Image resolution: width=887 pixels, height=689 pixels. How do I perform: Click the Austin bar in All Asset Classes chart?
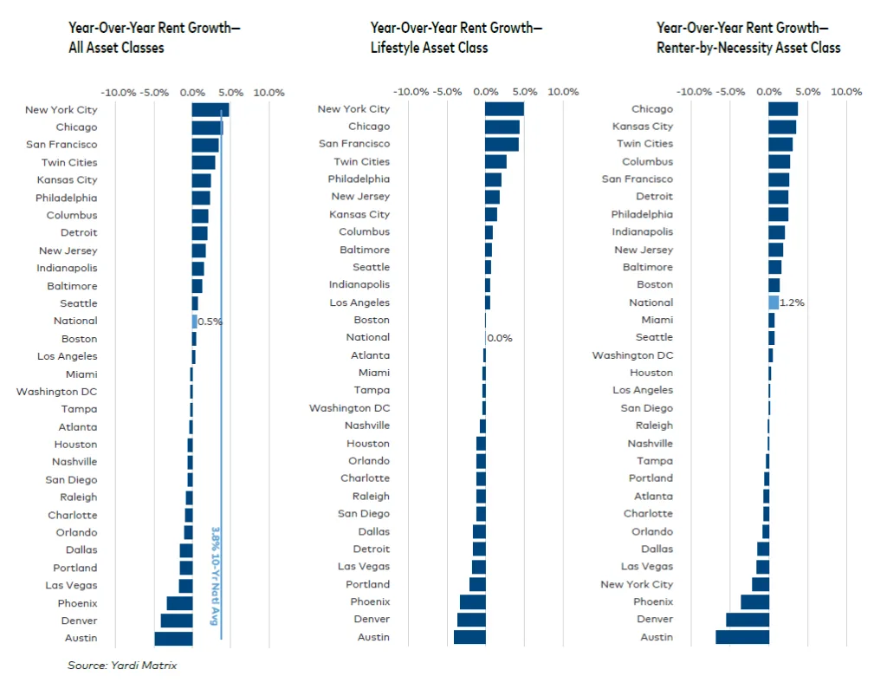tap(173, 639)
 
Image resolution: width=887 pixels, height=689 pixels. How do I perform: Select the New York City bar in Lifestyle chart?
tap(504, 109)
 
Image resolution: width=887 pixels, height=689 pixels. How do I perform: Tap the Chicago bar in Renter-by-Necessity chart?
tap(783, 109)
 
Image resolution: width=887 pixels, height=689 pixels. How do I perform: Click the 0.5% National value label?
tap(210, 322)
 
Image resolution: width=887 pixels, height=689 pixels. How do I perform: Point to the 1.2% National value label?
tap(792, 303)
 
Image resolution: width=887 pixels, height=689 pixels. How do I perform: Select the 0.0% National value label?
tap(500, 338)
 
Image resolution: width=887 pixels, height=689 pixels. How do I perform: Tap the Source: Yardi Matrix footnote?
tap(122, 666)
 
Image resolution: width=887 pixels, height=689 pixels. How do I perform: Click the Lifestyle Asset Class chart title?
tap(456, 37)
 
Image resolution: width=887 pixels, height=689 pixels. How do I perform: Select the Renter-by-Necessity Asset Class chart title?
tap(748, 37)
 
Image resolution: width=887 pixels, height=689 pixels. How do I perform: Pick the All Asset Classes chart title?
tap(154, 37)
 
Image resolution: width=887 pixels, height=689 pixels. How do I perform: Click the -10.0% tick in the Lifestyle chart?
tap(411, 92)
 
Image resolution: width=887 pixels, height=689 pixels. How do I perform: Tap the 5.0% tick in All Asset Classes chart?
tap(230, 92)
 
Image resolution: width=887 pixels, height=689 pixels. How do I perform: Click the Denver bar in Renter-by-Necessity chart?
tap(747, 620)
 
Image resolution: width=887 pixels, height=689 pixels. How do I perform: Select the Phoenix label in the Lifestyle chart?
tap(370, 602)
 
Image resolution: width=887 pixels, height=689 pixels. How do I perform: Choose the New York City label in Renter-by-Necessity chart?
tap(637, 585)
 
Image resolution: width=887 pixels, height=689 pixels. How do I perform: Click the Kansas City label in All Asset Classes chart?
tap(68, 180)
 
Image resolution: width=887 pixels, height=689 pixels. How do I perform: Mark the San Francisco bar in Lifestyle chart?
tap(502, 144)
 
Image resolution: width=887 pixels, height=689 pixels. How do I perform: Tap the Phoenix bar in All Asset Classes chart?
tap(179, 603)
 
